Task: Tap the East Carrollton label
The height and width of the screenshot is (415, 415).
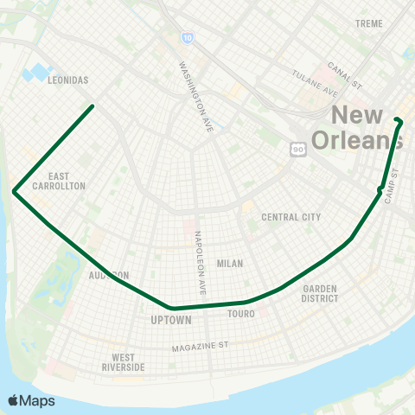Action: pyautogui.click(x=59, y=180)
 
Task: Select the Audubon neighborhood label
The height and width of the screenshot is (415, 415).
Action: pyautogui.click(x=109, y=275)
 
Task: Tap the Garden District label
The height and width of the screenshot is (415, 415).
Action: pyautogui.click(x=320, y=294)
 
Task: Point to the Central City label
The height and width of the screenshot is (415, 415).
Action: pyautogui.click(x=291, y=217)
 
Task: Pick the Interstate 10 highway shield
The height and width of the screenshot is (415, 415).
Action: pyautogui.click(x=188, y=38)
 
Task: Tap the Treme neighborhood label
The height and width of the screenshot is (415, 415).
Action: pyautogui.click(x=369, y=22)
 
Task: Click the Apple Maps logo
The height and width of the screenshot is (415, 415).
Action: pyautogui.click(x=31, y=400)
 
